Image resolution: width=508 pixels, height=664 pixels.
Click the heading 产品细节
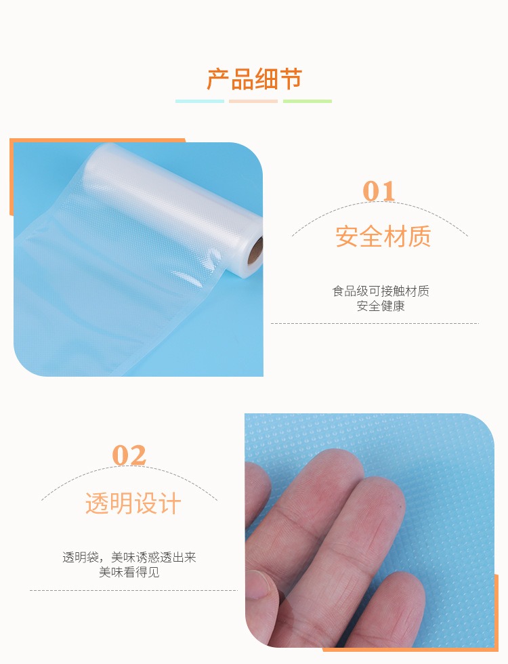click(254, 79)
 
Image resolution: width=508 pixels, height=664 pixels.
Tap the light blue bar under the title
click(200, 101)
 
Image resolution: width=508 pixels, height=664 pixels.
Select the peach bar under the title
click(253, 101)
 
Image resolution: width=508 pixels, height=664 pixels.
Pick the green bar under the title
click(308, 101)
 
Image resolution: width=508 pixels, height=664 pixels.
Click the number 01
click(379, 191)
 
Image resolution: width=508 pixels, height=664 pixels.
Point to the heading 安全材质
click(383, 236)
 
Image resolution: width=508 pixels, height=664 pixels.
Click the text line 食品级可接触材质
click(381, 291)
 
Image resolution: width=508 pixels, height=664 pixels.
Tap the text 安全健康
click(381, 306)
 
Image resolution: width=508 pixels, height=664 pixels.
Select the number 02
click(129, 455)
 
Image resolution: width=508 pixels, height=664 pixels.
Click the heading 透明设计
click(133, 503)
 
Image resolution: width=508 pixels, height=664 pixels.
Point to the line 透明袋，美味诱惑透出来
click(129, 557)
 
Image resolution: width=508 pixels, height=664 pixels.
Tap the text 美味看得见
click(129, 572)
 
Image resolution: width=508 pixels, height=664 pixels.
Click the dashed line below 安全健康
click(375, 324)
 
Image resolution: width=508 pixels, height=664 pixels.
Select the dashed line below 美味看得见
click(134, 590)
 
